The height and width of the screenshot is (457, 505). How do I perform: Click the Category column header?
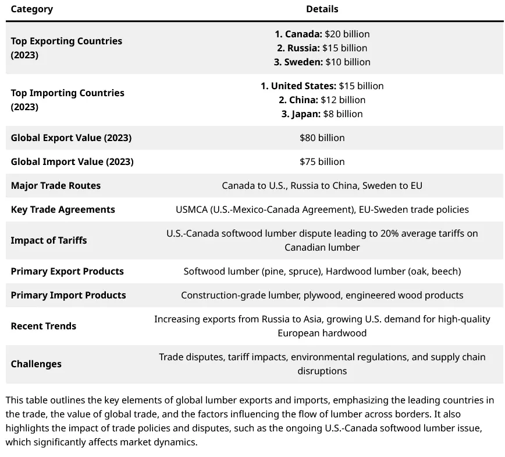click(32, 9)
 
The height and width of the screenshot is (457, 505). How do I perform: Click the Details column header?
click(322, 9)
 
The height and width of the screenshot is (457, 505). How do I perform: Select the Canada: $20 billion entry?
click(322, 34)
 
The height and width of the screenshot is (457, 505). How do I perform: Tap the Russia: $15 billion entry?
click(322, 48)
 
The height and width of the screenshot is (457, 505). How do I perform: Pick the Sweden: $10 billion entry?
click(322, 62)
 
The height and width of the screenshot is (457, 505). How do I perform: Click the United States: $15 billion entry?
click(322, 86)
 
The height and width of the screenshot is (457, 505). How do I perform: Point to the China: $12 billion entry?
click(322, 100)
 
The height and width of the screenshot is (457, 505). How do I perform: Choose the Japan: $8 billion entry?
click(322, 114)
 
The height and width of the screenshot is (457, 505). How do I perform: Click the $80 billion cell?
click(322, 138)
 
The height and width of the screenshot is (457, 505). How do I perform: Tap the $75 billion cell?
click(322, 161)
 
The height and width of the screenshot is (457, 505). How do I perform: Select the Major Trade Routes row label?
click(56, 185)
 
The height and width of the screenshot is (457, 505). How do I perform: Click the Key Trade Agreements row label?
click(63, 209)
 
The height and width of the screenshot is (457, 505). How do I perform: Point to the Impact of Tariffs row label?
click(49, 240)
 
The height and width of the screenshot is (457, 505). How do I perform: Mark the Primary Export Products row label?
click(67, 271)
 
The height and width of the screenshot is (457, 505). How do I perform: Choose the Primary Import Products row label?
click(68, 295)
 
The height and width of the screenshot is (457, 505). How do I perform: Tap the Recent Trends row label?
click(44, 326)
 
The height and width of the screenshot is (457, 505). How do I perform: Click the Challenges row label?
click(36, 364)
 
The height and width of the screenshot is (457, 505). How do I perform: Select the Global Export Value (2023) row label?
click(71, 138)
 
